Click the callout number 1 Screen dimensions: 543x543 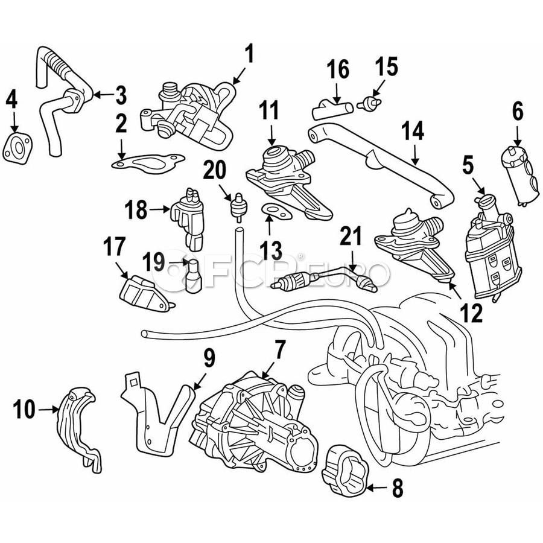pos(249,54)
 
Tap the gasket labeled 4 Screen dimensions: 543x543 pos(17,149)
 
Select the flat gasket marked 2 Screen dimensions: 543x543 pos(147,163)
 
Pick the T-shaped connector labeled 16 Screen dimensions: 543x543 pos(332,108)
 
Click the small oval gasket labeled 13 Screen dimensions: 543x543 pos(276,212)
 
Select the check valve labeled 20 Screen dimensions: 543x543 pos(238,208)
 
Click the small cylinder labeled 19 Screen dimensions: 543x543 pos(194,276)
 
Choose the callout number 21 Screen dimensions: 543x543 pos(351,235)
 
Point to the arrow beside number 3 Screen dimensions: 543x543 pos(104,94)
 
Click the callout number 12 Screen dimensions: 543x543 pos(471,313)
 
